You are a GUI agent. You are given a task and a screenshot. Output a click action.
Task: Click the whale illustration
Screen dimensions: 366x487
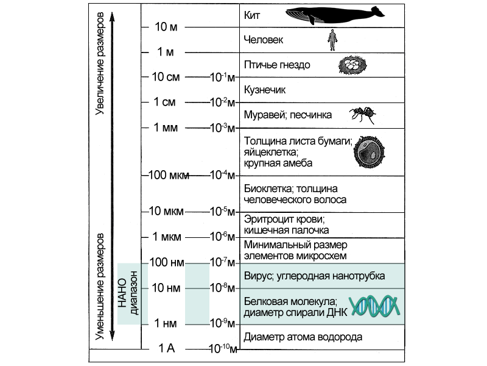[x=334, y=15]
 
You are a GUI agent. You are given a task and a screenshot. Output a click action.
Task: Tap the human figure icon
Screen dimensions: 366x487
[x=332, y=40]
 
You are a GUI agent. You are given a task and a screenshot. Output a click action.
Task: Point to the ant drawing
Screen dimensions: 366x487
[x=363, y=114]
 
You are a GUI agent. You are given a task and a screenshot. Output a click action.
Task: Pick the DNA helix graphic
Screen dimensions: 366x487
[x=374, y=306]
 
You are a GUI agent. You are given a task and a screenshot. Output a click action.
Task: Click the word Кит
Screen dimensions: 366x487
[x=251, y=16]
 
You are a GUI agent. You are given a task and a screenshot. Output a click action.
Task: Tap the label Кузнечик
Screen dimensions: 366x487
[x=264, y=90]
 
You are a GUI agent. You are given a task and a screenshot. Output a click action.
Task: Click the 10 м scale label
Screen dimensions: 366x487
[x=166, y=27]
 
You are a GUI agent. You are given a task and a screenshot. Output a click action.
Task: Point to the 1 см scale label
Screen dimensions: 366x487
[x=164, y=102]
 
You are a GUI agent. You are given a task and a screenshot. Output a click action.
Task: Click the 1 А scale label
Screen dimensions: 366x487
[x=167, y=348]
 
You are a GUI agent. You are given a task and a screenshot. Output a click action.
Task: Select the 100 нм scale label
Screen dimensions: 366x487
[x=166, y=263]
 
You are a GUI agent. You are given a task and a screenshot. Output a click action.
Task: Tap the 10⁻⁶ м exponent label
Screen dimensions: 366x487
[x=223, y=237]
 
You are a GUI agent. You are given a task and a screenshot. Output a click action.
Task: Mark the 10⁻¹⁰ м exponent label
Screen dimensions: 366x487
[x=223, y=349]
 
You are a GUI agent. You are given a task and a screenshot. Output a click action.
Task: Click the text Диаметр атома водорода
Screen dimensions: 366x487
[x=303, y=337]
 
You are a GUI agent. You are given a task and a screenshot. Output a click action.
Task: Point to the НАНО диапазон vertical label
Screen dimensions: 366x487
[x=130, y=293]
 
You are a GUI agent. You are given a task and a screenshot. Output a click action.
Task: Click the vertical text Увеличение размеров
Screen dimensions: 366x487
[x=101, y=61]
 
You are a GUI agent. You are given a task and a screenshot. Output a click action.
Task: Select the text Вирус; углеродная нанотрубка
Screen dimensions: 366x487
[x=314, y=276]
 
